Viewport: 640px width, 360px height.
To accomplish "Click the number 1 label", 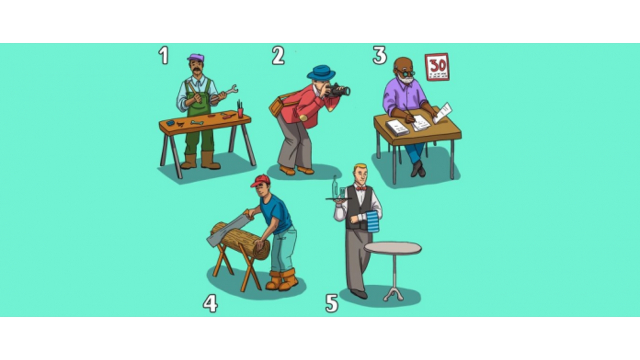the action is coord(163,55).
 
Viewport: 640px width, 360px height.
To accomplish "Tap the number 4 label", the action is coord(210,303).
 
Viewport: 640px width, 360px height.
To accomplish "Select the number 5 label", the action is coord(331,303).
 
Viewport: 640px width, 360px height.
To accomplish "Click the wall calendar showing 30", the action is coord(437,66).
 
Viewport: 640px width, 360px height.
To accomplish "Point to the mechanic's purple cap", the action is coord(196,57).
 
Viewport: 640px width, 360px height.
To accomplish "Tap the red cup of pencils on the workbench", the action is coord(240,109).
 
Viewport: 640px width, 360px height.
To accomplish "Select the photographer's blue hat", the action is coord(321,72).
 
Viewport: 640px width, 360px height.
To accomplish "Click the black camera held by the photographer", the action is coord(338,90).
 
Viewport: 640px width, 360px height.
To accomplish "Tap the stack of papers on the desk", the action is coord(397,127).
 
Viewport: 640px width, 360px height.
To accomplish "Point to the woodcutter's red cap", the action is coord(260,180).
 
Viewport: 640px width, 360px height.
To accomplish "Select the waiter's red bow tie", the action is coord(361,188).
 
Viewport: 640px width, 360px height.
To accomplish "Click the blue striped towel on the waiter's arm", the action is coord(372,222).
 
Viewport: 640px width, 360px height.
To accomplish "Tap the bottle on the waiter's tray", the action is coord(334,186).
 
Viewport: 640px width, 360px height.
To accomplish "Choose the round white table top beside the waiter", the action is coord(393,248).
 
